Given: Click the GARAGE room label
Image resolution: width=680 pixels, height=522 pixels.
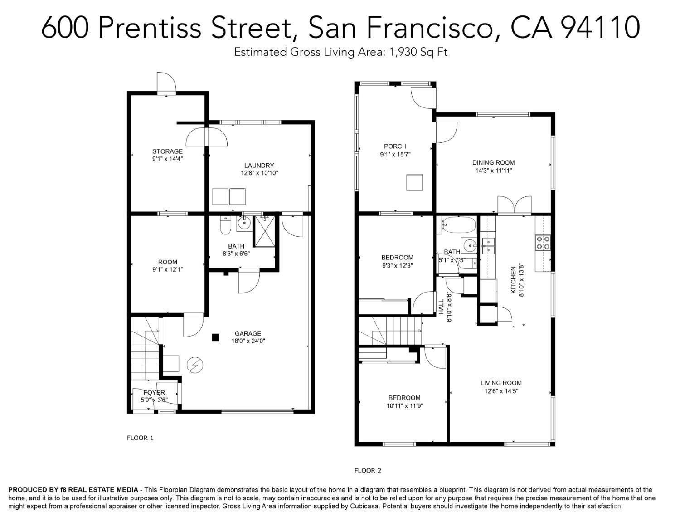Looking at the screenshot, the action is pyautogui.click(x=248, y=334).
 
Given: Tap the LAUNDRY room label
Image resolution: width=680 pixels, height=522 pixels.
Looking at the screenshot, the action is pyautogui.click(x=259, y=166).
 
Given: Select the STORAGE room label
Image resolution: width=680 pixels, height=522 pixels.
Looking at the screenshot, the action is pyautogui.click(x=167, y=151).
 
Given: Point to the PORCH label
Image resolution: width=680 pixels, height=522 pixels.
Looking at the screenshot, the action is pyautogui.click(x=395, y=146).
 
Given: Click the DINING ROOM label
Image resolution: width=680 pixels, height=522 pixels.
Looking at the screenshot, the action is pyautogui.click(x=493, y=162).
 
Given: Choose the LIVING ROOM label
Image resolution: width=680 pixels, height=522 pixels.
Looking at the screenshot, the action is pyautogui.click(x=501, y=383).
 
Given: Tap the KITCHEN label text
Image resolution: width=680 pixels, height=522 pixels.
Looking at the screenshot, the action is pyautogui.click(x=513, y=280).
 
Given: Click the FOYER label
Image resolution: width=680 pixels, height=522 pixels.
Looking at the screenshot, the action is pyautogui.click(x=154, y=392).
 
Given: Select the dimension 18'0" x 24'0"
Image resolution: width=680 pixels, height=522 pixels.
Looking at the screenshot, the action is pyautogui.click(x=248, y=341).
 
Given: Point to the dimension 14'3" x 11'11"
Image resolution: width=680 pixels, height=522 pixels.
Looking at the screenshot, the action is pyautogui.click(x=494, y=171).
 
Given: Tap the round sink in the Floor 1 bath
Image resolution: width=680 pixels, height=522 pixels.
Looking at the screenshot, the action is pyautogui.click(x=244, y=224).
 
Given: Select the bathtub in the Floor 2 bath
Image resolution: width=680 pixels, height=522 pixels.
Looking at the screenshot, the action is pyautogui.click(x=457, y=225).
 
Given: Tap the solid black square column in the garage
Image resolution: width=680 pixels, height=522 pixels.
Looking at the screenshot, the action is pyautogui.click(x=215, y=338).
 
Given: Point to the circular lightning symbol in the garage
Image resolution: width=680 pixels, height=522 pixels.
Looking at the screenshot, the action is pyautogui.click(x=195, y=365).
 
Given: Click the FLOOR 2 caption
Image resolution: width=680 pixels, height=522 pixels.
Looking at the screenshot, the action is pyautogui.click(x=368, y=471).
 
